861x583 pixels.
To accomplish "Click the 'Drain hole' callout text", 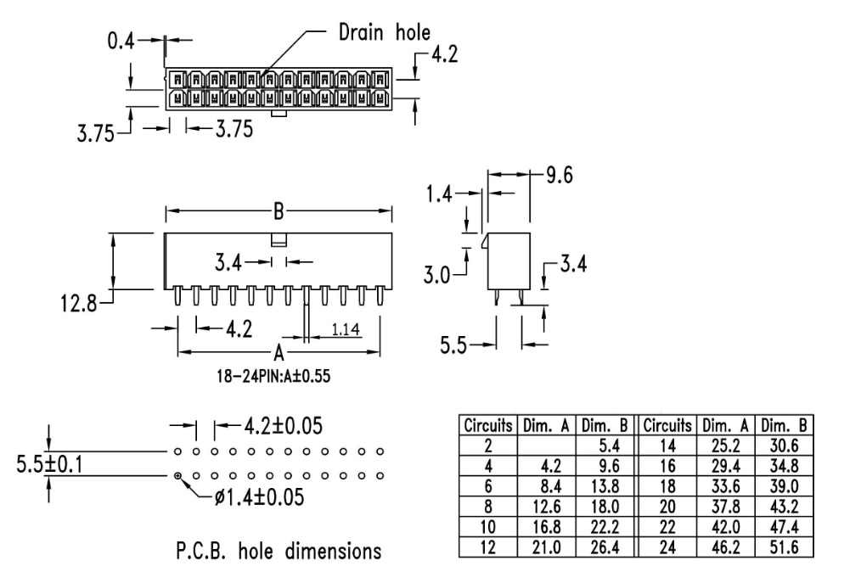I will point(384,33).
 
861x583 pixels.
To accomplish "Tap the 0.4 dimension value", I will point(121,40).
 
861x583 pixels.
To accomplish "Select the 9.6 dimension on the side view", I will point(559,176).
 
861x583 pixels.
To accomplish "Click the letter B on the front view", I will point(278,210).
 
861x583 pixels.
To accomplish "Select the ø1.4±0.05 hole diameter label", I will point(260,496).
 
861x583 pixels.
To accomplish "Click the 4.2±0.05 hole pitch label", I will point(283,425).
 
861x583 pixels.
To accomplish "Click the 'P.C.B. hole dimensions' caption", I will point(279,552).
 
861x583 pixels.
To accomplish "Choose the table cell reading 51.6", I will point(785,547).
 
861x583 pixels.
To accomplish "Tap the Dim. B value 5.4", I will point(607,446).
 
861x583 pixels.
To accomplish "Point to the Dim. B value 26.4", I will point(607,547).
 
